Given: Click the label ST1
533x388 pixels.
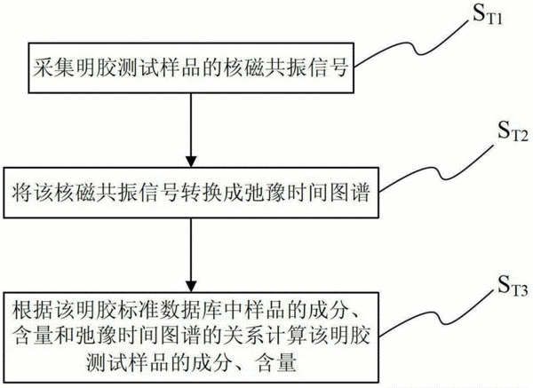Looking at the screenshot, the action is pos(488,14).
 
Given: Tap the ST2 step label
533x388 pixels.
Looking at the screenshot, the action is pos(513,131).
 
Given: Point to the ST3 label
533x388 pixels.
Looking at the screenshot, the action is pos(513,286).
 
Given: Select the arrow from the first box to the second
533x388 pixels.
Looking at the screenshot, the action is pos(191,130).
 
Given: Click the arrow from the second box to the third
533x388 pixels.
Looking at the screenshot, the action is pos(191,255).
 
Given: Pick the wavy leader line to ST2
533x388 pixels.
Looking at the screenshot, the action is pos(436,168).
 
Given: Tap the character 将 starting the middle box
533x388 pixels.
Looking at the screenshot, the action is pos(23,193).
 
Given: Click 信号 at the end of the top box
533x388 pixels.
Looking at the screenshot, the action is pos(327,67).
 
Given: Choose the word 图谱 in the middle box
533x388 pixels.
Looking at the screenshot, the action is pos(350,193).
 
